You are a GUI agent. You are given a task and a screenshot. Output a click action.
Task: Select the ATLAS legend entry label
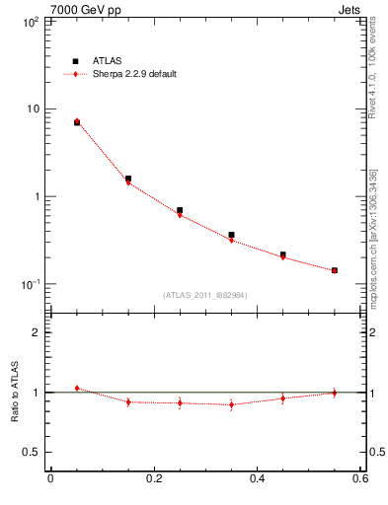108,60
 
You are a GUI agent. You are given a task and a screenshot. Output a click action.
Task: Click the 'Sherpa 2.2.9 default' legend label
135,74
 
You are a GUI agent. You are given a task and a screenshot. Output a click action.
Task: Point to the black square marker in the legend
76,60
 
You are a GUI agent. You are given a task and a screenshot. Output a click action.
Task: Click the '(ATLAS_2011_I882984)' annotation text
204,294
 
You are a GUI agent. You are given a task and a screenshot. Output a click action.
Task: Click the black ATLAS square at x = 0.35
231,235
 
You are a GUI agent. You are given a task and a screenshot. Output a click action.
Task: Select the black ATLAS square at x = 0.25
180,210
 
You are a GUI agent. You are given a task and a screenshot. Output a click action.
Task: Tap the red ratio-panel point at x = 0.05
77,388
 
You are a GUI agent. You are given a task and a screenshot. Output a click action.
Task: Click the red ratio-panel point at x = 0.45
282,398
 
